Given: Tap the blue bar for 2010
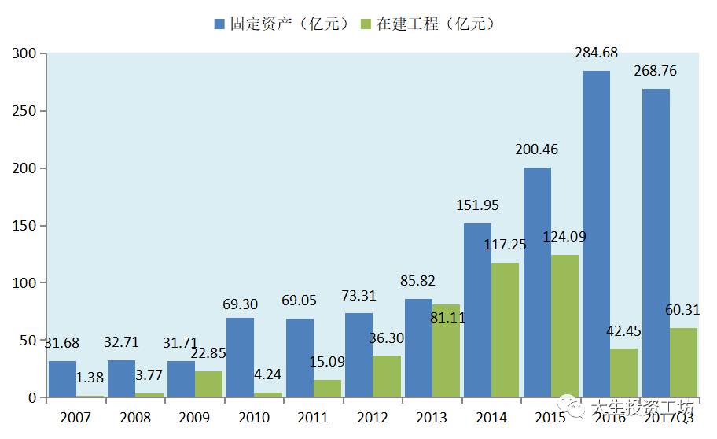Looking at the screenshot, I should click(240, 357).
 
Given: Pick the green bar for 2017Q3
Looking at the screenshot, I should click(683, 362).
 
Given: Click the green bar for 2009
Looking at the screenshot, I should click(208, 384).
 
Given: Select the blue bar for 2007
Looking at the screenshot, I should click(62, 378).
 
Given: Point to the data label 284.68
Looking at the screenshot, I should click(597, 53).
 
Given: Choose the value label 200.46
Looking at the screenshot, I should click(538, 149).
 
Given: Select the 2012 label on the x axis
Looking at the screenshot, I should click(373, 418).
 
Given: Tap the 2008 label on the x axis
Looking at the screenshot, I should click(136, 418).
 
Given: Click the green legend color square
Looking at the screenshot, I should click(366, 24).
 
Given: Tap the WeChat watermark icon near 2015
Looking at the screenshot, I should click(576, 408).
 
